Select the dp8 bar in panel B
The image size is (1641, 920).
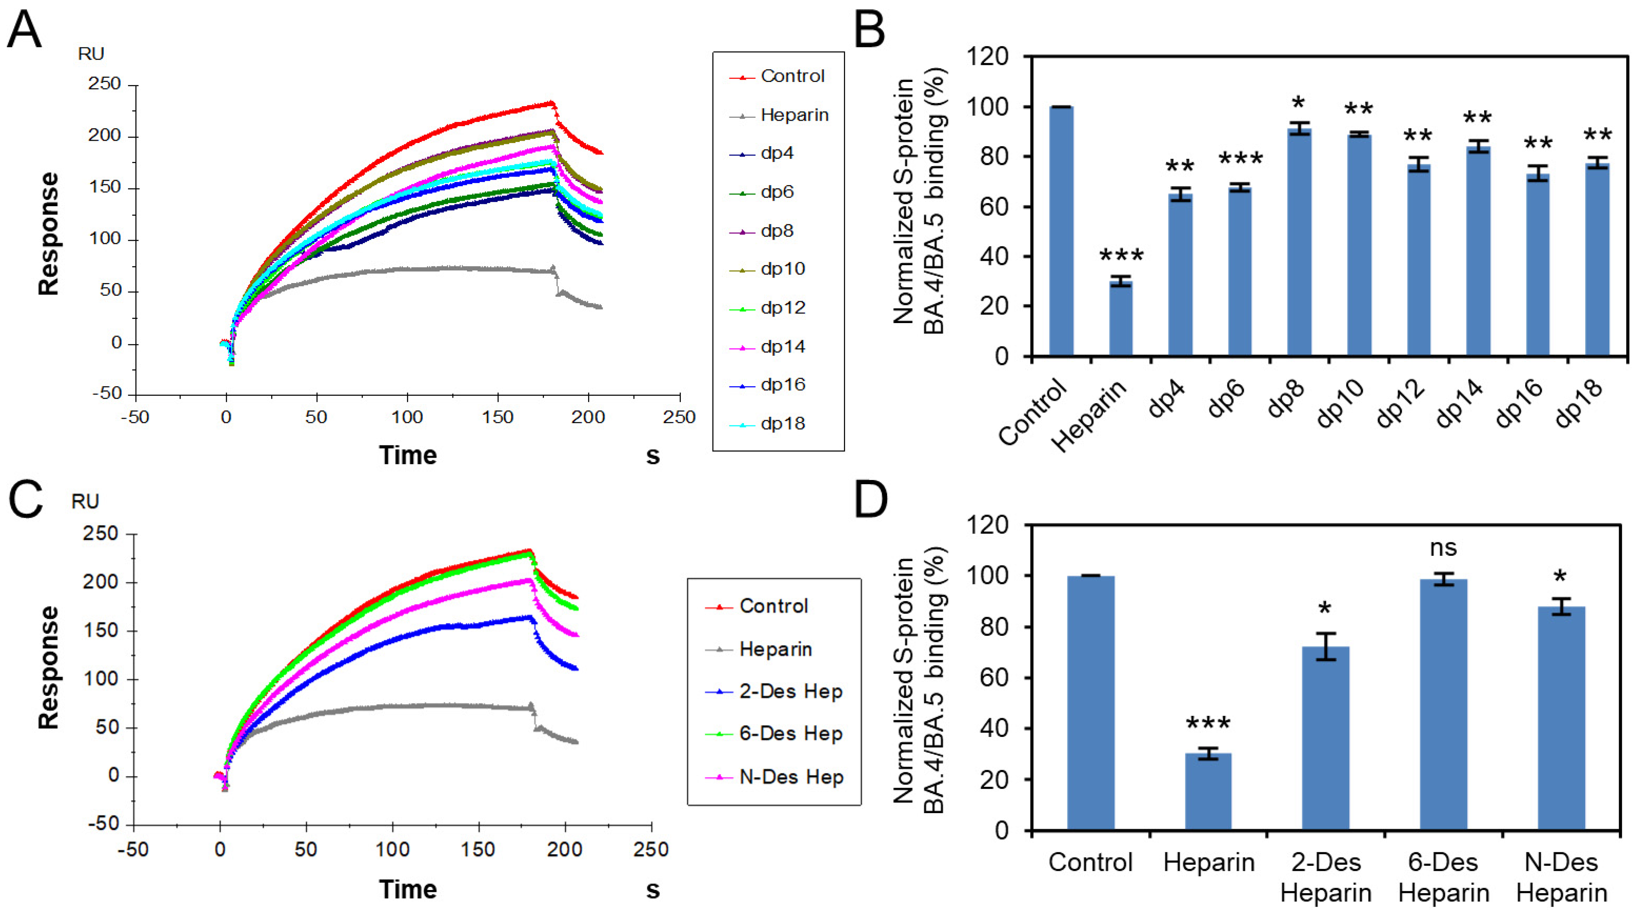pos(1299,242)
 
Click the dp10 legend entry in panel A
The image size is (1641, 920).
pos(782,269)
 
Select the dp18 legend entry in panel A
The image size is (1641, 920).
pos(782,424)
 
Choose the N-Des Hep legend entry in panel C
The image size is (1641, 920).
pos(790,777)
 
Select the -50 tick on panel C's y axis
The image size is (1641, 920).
pos(103,824)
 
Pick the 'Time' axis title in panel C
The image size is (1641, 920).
pos(408,889)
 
